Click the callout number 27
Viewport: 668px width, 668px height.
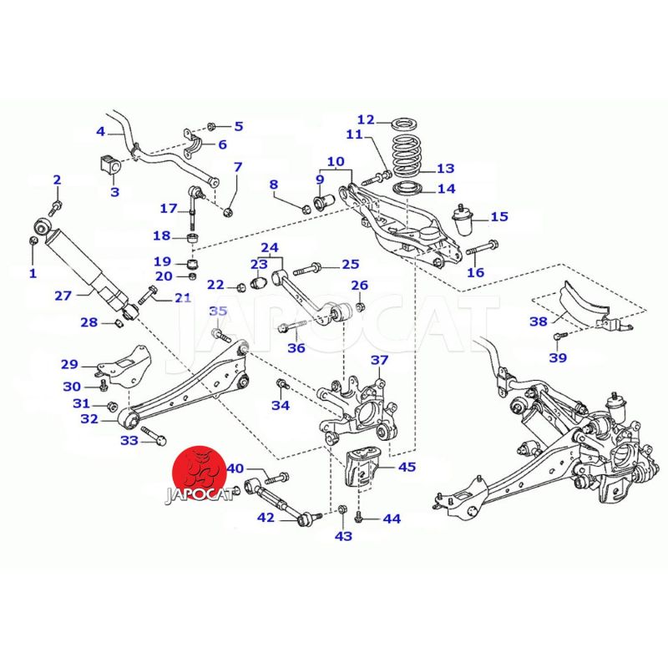tap(63, 295)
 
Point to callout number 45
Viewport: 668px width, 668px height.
tap(407, 468)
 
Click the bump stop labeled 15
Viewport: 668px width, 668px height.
tap(463, 218)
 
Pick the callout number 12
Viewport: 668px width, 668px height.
tap(366, 119)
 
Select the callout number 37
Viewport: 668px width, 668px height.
tap(380, 361)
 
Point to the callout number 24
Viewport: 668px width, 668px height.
tap(269, 248)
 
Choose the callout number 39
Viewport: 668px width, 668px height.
tap(558, 357)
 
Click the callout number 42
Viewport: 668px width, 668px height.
tap(266, 518)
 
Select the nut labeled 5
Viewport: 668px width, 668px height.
tap(211, 127)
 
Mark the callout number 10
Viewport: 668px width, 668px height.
tap(335, 161)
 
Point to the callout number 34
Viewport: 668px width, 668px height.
tap(281, 406)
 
